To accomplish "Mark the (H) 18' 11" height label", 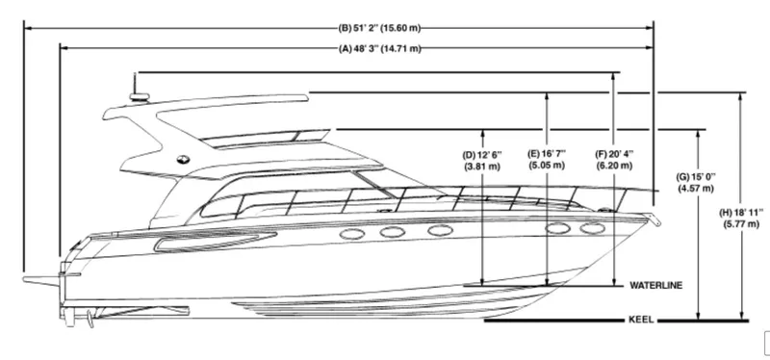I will pos(742,218).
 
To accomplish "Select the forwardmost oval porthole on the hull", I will pos(588,230).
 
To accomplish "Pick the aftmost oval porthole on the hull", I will pos(350,232).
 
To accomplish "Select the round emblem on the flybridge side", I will pos(182,160).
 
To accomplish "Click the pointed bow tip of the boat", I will pos(655,219).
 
